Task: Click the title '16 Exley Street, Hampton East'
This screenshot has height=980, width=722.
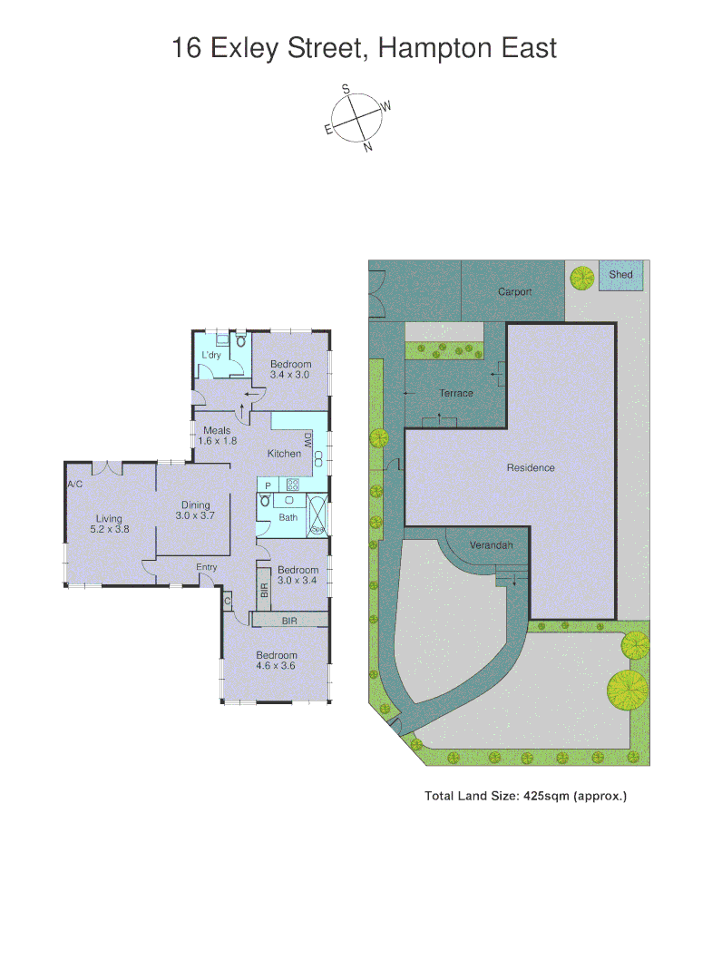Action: [364, 48]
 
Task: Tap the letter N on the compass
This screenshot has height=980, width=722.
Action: [367, 147]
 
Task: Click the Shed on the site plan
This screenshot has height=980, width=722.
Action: [621, 274]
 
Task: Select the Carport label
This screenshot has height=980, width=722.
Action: [514, 292]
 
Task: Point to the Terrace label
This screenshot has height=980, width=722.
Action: [456, 393]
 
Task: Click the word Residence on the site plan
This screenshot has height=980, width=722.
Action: [531, 468]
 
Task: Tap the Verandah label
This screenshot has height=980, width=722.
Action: [492, 545]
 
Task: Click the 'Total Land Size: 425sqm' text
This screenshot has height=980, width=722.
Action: [526, 796]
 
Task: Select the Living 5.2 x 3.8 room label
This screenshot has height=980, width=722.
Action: [109, 524]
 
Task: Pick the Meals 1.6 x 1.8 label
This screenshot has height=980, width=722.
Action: [217, 436]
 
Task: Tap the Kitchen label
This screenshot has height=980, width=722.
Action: [284, 454]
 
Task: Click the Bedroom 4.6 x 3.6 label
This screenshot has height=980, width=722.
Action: [276, 661]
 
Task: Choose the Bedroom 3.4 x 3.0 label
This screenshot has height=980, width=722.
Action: [290, 368]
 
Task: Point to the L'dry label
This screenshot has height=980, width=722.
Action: [210, 355]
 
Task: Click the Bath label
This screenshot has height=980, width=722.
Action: [288, 517]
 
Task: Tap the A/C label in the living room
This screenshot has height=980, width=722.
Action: [75, 485]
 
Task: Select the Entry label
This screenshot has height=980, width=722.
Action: [207, 567]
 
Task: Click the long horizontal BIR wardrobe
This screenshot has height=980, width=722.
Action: [289, 620]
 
